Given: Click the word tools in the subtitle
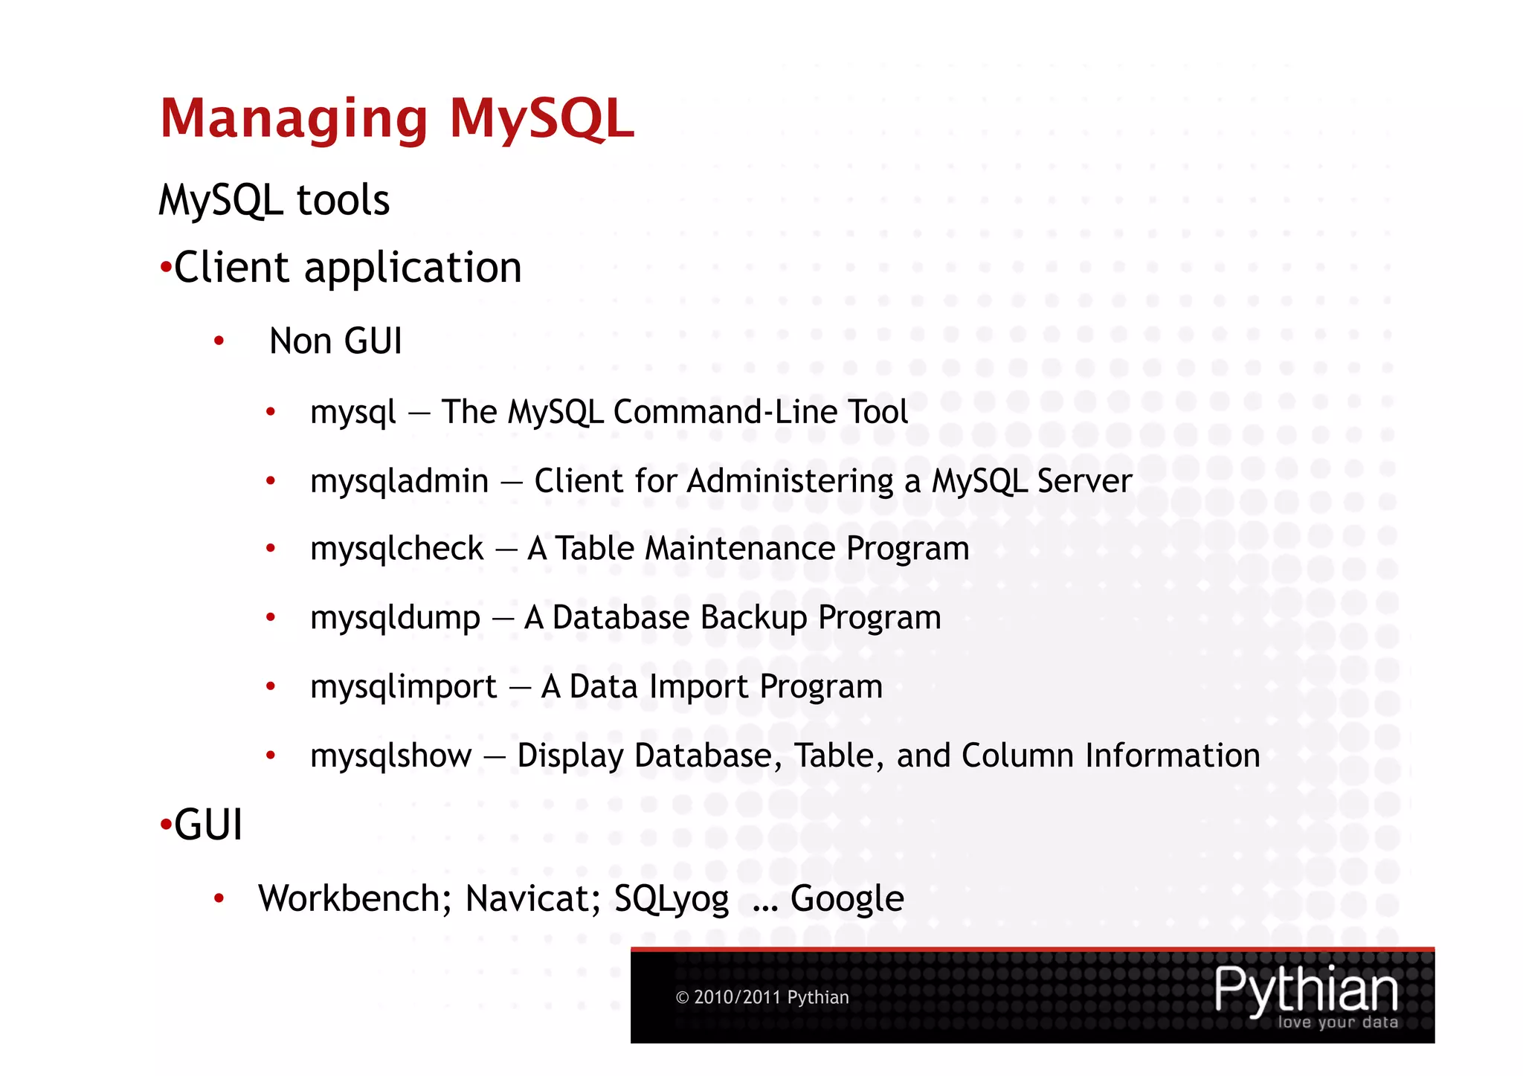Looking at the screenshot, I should coord(343,201).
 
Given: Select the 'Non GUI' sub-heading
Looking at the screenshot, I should coord(335,341).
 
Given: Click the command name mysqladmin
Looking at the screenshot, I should coord(399,482).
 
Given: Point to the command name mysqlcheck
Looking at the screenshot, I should coord(396,550).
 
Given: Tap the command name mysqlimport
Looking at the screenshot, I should coord(403,687).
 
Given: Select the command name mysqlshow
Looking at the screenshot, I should coord(390,756).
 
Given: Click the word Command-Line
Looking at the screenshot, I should coord(689,412).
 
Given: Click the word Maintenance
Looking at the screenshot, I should coord(740,550).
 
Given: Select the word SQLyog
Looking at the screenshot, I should coord(671,900).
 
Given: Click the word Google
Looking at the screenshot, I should coord(847,900).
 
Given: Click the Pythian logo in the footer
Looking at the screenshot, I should coord(1306,995).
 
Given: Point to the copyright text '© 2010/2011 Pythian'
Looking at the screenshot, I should coord(761,998).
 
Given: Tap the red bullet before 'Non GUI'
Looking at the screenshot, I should coord(219,342).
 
